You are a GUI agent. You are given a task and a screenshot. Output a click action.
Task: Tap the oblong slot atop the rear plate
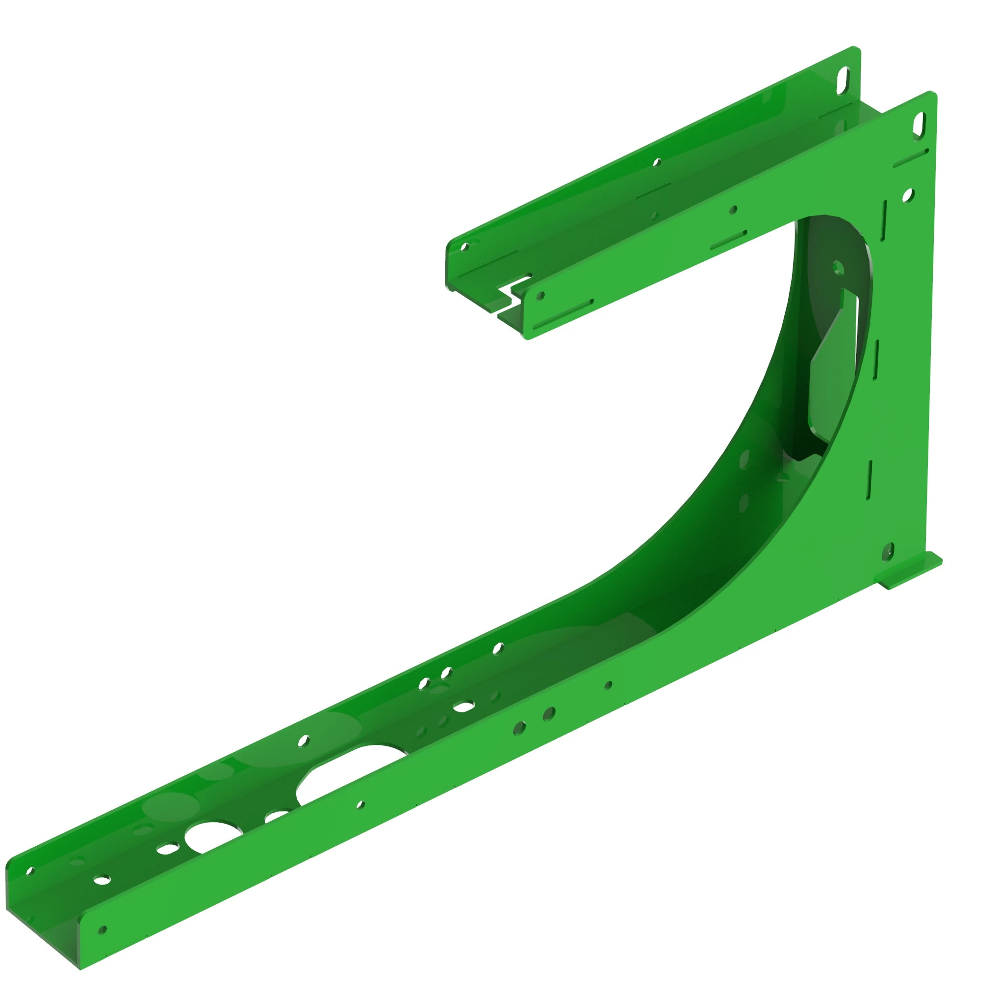[843, 81]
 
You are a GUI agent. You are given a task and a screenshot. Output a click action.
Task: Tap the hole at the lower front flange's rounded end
[102, 930]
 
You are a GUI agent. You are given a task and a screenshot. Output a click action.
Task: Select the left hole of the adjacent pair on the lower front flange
[519, 728]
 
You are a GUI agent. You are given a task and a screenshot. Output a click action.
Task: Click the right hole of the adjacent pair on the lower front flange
[549, 714]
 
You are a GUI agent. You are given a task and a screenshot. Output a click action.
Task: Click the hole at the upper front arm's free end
[540, 295]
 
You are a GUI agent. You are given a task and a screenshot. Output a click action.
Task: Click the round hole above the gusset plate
[838, 267]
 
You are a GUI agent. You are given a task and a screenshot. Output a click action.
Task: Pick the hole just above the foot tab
[888, 551]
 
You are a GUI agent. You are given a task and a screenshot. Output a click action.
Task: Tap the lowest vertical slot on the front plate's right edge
[869, 480]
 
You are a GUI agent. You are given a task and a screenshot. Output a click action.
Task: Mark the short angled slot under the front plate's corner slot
[911, 158]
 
